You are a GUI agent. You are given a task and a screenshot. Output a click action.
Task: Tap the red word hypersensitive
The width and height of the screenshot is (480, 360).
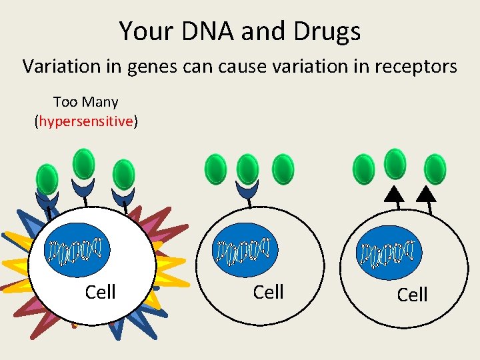pyautogui.click(x=86, y=121)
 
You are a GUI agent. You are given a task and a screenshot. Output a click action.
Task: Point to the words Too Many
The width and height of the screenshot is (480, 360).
pyautogui.click(x=85, y=102)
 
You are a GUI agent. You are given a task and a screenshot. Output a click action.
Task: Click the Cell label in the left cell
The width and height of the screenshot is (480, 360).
pyautogui.click(x=101, y=292)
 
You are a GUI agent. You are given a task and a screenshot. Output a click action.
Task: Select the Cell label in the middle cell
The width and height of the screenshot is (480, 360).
pyautogui.click(x=269, y=292)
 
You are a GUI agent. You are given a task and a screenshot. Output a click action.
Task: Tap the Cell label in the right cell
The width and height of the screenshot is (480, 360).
pyautogui.click(x=412, y=295)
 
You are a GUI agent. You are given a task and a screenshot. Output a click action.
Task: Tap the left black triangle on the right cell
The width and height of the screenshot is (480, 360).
pyautogui.click(x=395, y=193)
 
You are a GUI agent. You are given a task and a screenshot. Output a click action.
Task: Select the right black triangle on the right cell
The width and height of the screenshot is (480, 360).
pyautogui.click(x=426, y=193)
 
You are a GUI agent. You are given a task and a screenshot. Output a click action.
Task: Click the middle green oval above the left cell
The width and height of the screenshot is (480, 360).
pyautogui.click(x=84, y=164)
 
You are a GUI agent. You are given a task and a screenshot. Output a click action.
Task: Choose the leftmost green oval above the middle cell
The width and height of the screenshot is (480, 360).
pyautogui.click(x=216, y=169)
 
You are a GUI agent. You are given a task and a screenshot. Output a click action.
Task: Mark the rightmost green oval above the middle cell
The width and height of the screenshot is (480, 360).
pyautogui.click(x=283, y=169)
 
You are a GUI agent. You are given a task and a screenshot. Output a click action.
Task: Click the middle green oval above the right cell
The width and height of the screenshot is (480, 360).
pyautogui.click(x=395, y=164)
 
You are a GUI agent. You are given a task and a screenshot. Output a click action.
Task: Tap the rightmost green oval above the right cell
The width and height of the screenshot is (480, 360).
pyautogui.click(x=435, y=169)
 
